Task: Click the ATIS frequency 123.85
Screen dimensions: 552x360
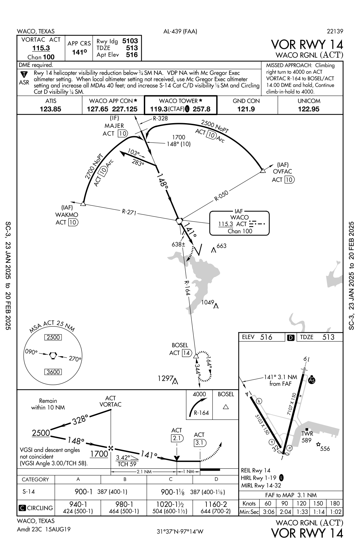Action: coord(51,109)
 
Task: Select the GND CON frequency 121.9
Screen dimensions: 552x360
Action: coord(246,109)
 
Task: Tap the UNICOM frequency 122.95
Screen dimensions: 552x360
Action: coord(308,109)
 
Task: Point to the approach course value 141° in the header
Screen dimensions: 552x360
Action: coord(79,53)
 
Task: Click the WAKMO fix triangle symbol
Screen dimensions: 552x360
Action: coord(83,203)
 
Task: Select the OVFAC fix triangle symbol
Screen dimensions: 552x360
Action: coord(263,171)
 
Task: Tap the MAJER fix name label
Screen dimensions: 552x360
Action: coord(114,126)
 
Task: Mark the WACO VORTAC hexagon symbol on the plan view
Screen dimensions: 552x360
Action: coord(180,220)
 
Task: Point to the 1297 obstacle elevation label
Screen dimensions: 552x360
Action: coord(165,378)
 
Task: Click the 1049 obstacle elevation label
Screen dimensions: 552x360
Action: coord(207,302)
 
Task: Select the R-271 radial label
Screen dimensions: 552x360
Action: coord(128,212)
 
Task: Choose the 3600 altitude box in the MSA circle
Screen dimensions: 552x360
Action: coord(53,372)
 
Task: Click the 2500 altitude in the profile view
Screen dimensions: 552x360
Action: coord(41,433)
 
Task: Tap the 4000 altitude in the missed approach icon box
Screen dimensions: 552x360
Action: coord(199,394)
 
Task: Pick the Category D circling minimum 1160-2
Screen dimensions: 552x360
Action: coord(215,504)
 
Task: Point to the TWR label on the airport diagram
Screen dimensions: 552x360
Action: coord(307,434)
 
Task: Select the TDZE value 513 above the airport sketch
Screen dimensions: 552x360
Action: coord(328,337)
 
